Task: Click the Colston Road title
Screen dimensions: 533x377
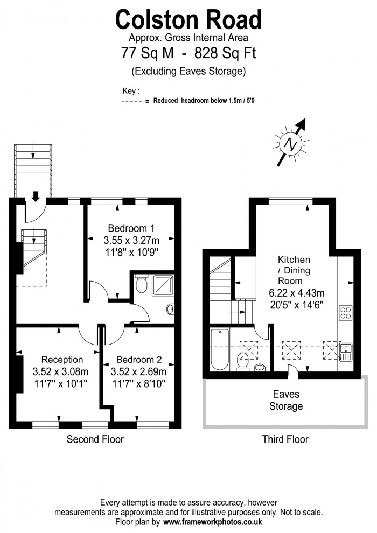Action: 188,20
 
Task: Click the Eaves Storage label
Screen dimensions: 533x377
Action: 285,400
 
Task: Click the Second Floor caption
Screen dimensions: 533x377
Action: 95,439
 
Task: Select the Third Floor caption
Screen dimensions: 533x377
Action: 285,439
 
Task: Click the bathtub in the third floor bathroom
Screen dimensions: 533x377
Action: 221,350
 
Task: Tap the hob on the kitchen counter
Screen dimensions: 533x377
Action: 345,313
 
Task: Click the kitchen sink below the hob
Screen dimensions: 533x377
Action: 345,350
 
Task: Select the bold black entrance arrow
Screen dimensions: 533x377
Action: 36,197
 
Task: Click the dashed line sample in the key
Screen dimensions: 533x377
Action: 132,101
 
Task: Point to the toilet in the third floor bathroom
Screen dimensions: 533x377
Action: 242,364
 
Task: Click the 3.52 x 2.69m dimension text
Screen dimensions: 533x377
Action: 138,371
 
